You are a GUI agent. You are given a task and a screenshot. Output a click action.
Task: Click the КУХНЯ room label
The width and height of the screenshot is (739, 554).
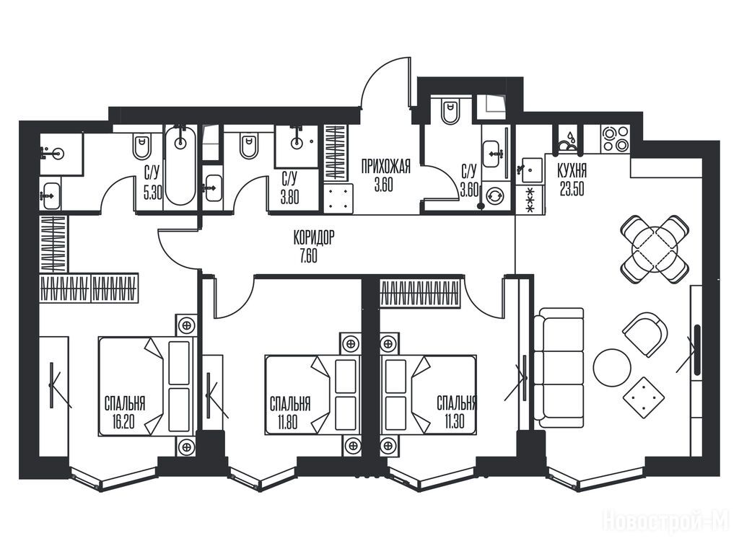point(572,170)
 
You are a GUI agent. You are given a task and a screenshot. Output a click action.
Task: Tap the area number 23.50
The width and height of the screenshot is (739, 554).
point(572,189)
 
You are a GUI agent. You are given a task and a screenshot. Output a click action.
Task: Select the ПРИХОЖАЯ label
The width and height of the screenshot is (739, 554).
point(386,167)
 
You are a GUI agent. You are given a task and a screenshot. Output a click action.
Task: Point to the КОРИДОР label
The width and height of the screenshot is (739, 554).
point(314,237)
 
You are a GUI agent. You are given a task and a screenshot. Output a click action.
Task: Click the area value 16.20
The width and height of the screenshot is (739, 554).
point(123,421)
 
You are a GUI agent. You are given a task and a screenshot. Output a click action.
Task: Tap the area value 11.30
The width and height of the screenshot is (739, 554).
point(453,421)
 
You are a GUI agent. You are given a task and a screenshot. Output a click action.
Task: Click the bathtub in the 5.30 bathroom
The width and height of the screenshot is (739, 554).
point(180,165)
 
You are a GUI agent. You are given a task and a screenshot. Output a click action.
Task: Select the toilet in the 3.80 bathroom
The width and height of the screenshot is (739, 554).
point(249,146)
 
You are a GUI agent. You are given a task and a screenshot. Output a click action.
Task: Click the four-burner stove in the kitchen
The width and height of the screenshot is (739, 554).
point(616,138)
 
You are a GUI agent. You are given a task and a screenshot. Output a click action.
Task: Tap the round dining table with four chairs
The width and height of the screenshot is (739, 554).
point(654,249)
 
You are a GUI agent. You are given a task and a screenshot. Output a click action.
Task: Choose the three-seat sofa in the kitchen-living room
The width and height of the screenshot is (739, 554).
point(559,368)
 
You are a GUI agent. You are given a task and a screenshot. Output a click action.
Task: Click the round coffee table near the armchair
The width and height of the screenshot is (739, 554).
point(612,368)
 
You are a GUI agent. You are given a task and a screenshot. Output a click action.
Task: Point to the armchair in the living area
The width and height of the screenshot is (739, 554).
point(646,334)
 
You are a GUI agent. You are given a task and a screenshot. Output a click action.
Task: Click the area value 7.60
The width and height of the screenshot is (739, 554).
point(307,256)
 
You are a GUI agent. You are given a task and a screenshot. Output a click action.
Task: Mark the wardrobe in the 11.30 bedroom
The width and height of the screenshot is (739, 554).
point(419,294)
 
